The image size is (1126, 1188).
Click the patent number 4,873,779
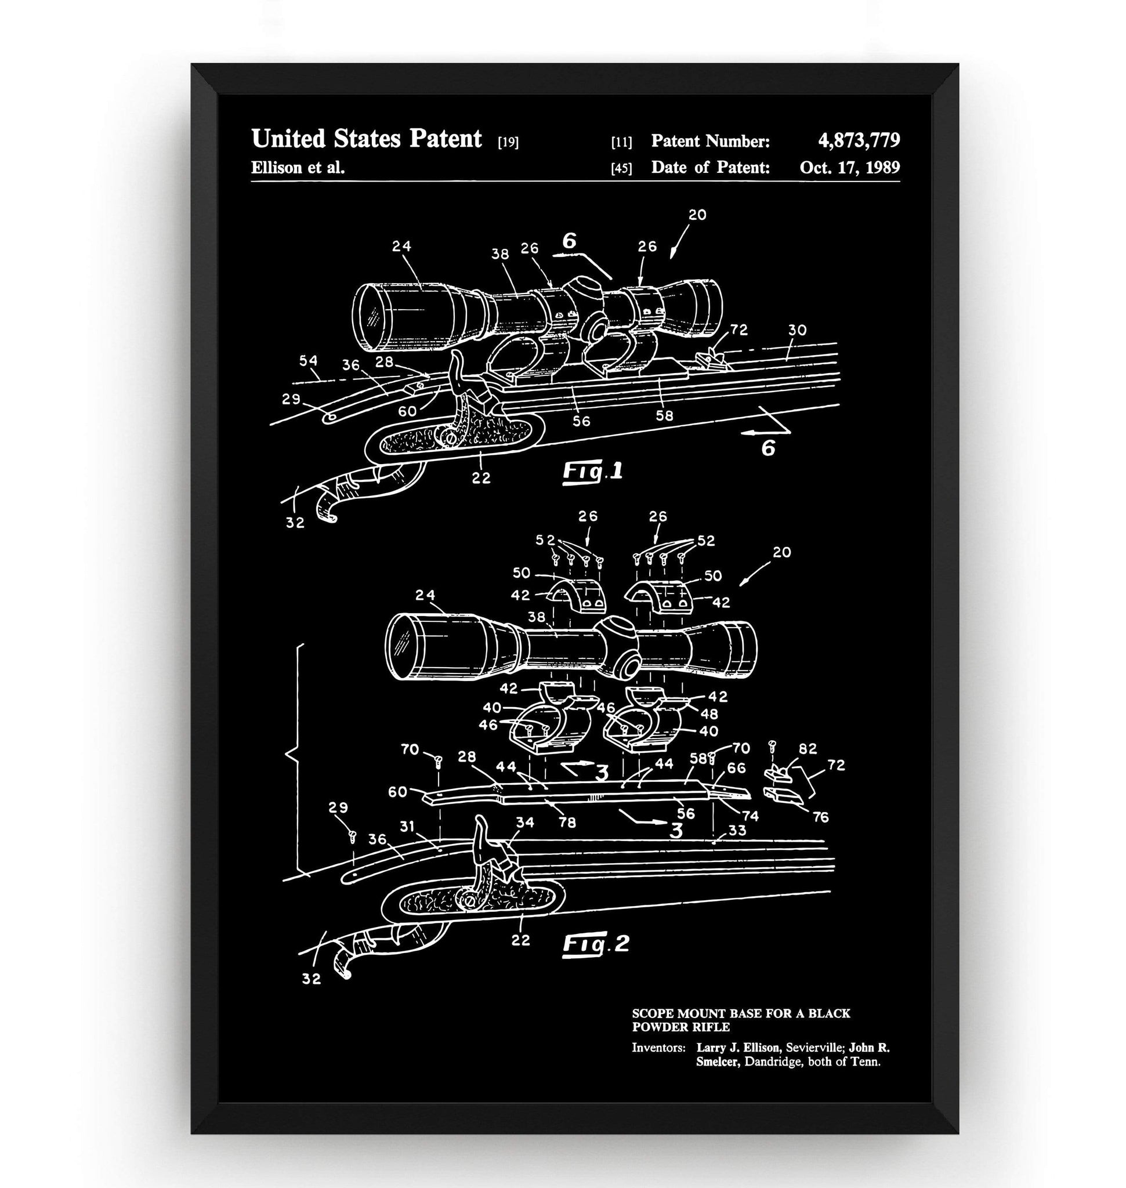tap(859, 140)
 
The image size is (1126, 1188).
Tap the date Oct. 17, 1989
tap(849, 167)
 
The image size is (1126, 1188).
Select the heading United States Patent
tap(366, 139)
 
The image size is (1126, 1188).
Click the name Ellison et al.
tap(298, 168)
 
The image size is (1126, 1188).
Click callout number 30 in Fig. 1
tap(797, 329)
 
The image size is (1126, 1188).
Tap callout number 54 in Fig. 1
tap(308, 361)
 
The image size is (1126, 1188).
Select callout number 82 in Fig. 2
tap(808, 748)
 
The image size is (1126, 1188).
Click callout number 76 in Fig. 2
tap(820, 817)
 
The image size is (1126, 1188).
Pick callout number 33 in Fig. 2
tap(737, 830)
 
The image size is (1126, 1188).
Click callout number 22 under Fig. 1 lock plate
tap(481, 478)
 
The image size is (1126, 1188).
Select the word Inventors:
tap(658, 1048)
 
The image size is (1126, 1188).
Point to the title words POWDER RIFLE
tap(680, 1027)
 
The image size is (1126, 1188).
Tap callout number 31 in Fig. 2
tap(408, 827)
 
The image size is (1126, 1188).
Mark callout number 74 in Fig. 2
tap(750, 816)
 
